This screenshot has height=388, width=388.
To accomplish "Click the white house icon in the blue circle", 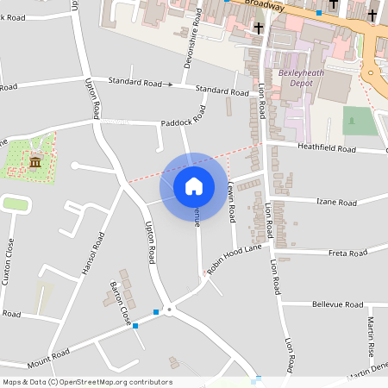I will [x=194, y=185].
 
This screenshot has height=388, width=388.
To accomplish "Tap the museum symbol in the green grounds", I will [x=35, y=162].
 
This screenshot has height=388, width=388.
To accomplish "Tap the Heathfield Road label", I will [x=327, y=148].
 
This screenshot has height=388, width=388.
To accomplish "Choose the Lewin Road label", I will [x=231, y=201].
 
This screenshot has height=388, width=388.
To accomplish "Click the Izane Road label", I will [x=336, y=203].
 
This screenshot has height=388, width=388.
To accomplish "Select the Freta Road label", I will [x=348, y=253].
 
